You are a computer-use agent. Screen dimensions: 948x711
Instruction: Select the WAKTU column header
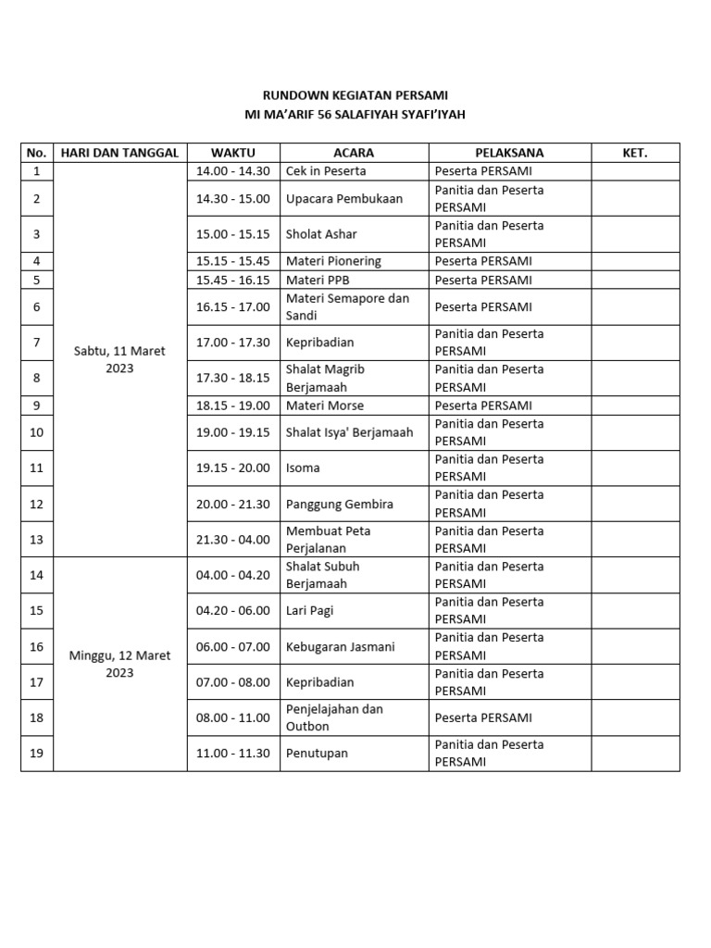pos(233,153)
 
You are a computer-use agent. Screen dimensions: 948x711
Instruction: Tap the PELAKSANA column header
pos(509,153)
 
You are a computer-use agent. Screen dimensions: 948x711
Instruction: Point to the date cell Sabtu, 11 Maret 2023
pos(120,359)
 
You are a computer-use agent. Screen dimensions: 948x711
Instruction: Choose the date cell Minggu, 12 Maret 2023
pos(120,664)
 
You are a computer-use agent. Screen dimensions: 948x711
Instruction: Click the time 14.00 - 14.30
pos(233,171)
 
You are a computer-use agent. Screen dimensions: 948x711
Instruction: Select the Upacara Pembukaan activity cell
pos(344,198)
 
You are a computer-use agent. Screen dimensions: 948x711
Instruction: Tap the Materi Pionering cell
pos(333,261)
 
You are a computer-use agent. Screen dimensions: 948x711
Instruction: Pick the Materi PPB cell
pos(318,280)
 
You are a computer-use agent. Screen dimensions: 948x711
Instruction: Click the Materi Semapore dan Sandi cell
pos(347,306)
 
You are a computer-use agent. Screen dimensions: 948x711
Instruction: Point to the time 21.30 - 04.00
pos(233,539)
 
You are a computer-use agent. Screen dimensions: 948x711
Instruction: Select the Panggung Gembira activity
pos(340,504)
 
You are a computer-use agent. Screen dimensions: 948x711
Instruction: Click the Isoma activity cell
pos(304,468)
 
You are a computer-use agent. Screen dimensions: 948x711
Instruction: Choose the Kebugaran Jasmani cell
pos(341,646)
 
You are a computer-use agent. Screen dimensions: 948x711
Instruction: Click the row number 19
pos(37,753)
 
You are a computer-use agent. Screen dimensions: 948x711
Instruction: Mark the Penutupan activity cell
pos(317,753)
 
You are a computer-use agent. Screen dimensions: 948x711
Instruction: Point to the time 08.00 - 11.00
pos(233,717)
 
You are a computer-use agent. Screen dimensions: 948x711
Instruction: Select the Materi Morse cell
pos(325,405)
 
